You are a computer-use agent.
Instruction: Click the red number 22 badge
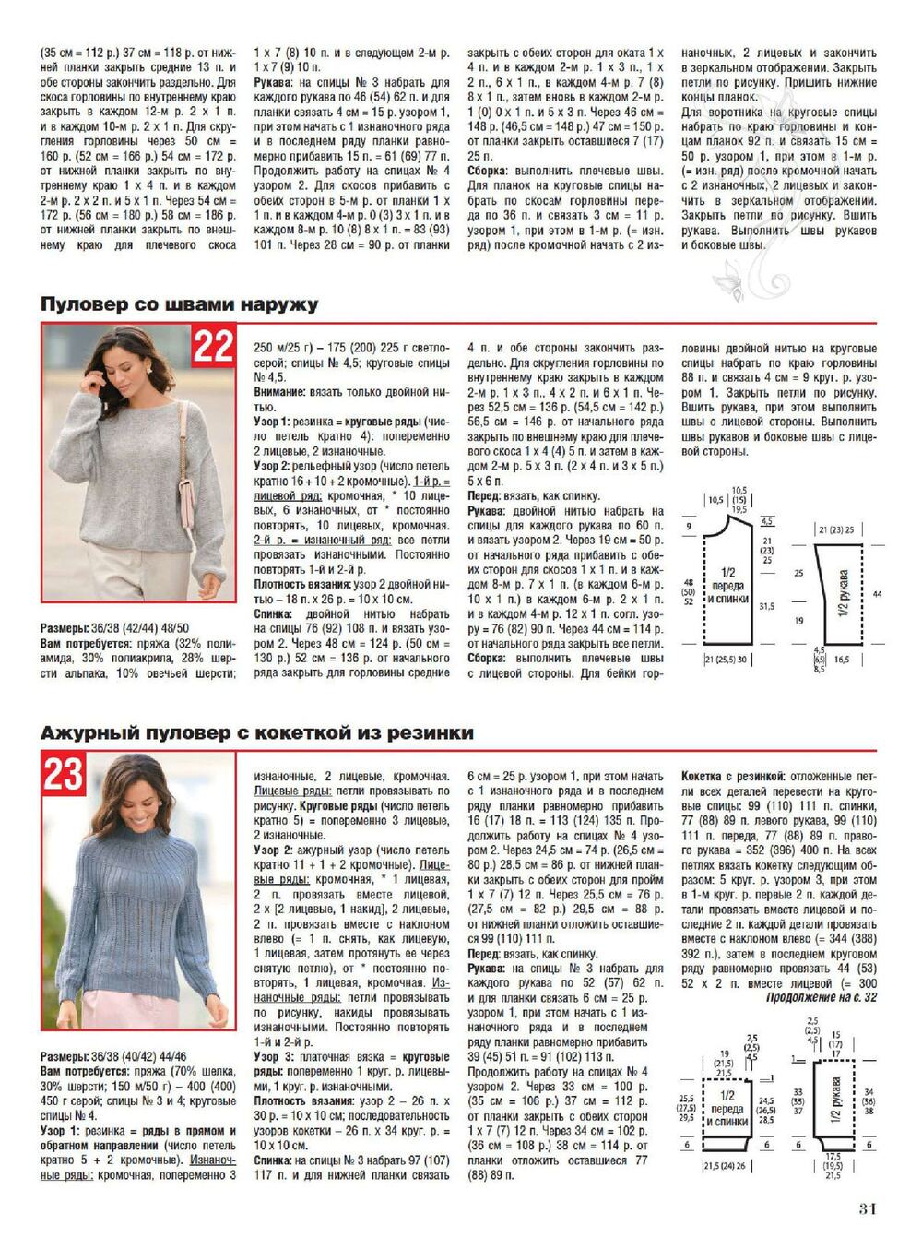[x=213, y=347]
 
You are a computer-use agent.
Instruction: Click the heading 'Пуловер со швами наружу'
[x=179, y=303]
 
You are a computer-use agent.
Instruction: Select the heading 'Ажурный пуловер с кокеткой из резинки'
[x=256, y=732]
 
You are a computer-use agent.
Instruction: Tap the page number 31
[x=867, y=1209]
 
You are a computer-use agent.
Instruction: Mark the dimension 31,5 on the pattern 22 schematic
[x=766, y=606]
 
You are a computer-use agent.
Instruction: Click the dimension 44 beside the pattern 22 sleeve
[x=877, y=594]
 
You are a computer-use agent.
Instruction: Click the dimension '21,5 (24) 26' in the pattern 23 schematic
[x=725, y=1166]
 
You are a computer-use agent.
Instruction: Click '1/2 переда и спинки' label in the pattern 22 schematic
[x=727, y=585]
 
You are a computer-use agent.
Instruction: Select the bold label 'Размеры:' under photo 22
[x=65, y=627]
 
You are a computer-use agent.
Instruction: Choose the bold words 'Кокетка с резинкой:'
[x=733, y=777]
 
